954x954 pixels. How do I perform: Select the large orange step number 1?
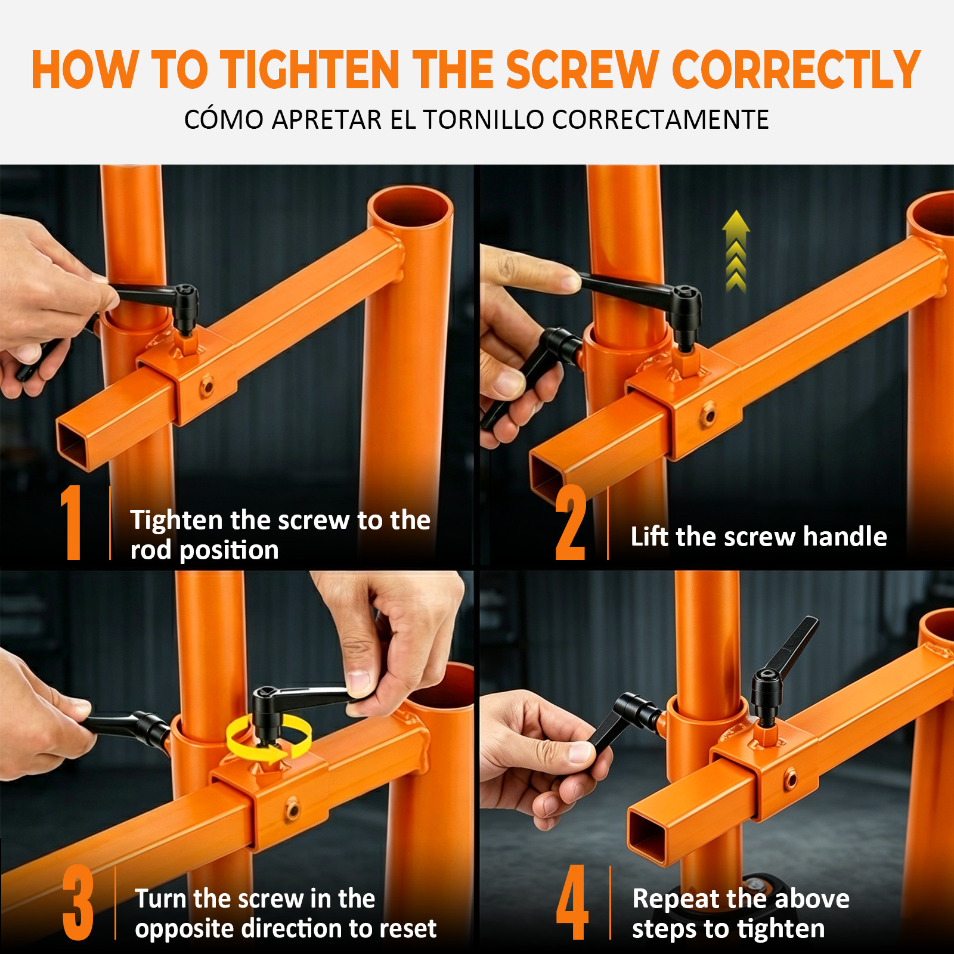click(72, 522)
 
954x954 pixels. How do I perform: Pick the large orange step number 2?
click(570, 522)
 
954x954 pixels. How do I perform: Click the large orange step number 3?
click(78, 903)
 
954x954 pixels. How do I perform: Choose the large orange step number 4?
click(572, 903)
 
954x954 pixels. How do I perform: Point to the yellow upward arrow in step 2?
click(736, 251)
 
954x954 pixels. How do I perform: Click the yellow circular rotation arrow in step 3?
click(269, 740)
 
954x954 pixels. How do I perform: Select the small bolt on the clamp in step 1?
click(207, 386)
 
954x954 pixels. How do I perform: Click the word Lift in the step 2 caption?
click(649, 536)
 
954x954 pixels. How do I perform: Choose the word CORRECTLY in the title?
click(796, 70)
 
